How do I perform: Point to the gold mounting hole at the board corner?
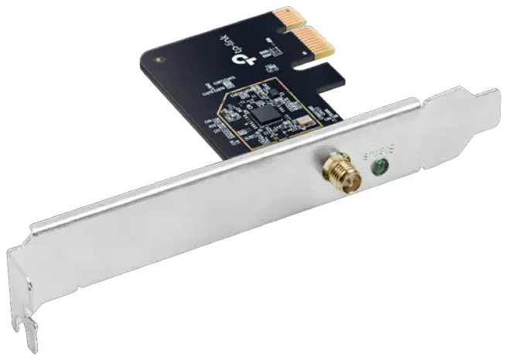pyautogui.click(x=158, y=58)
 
